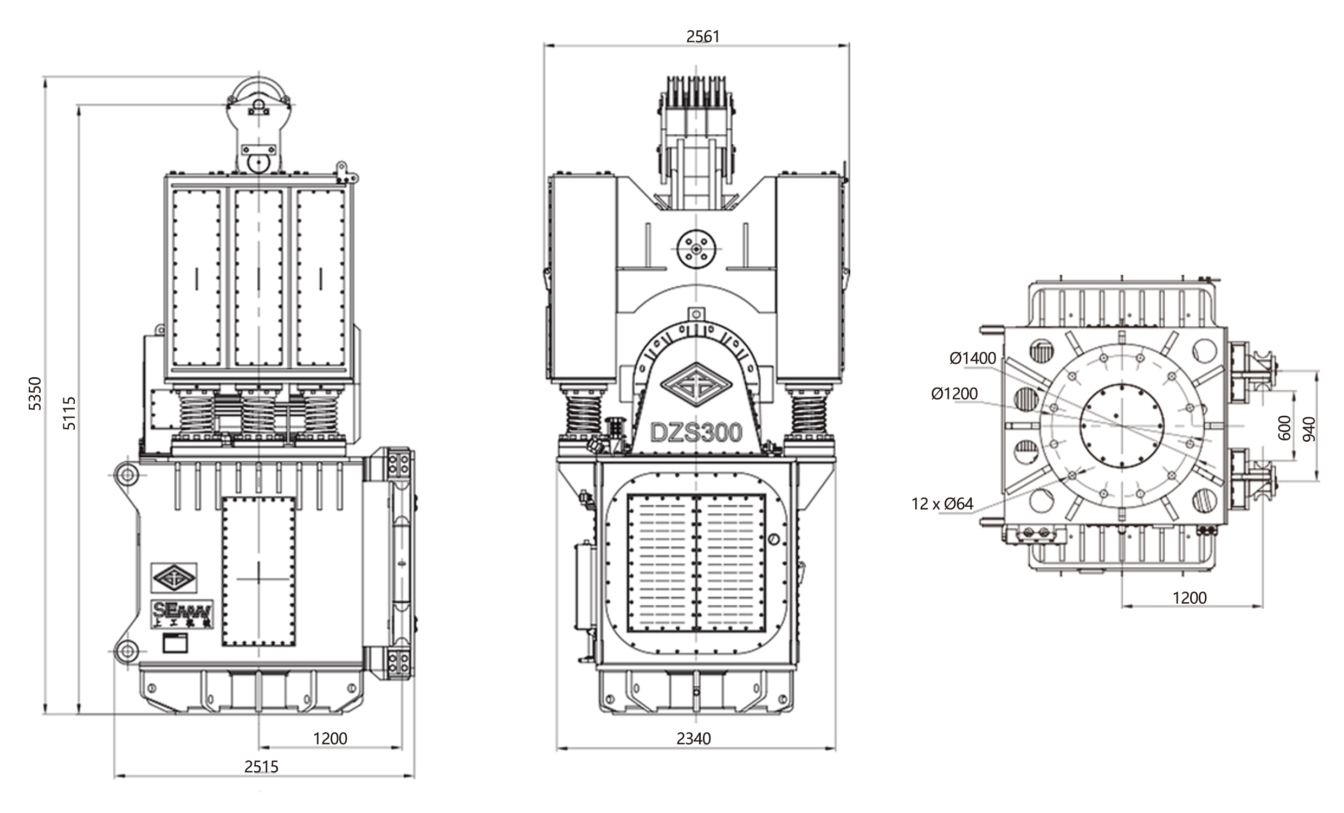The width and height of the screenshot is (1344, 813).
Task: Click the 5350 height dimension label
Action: point(35,393)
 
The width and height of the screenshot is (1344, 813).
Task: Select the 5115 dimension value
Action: point(69,413)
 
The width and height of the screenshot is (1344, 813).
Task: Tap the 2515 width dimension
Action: point(261,766)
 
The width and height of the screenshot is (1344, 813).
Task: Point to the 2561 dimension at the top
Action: point(702,36)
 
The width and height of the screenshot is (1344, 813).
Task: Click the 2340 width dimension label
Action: point(693,738)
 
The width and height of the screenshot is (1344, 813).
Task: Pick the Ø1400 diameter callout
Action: point(973,358)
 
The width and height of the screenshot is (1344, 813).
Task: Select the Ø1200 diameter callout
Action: point(954,393)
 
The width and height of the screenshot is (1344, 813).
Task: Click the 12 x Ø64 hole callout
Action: point(942,504)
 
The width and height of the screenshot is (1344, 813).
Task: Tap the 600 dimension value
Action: point(1284,427)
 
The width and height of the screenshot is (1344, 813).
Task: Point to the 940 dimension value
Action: point(1309,429)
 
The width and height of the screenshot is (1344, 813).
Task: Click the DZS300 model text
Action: point(696,433)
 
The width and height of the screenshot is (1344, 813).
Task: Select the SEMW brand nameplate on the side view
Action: point(182,615)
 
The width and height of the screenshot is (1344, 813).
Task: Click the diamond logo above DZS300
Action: point(695,385)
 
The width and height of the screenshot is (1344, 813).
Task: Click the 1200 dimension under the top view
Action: point(1190,598)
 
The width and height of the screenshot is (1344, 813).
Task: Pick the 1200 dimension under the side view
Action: point(330,738)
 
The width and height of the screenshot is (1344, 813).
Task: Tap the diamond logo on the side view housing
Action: point(174,577)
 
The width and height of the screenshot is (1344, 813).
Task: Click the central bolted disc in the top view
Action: point(1121,425)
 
